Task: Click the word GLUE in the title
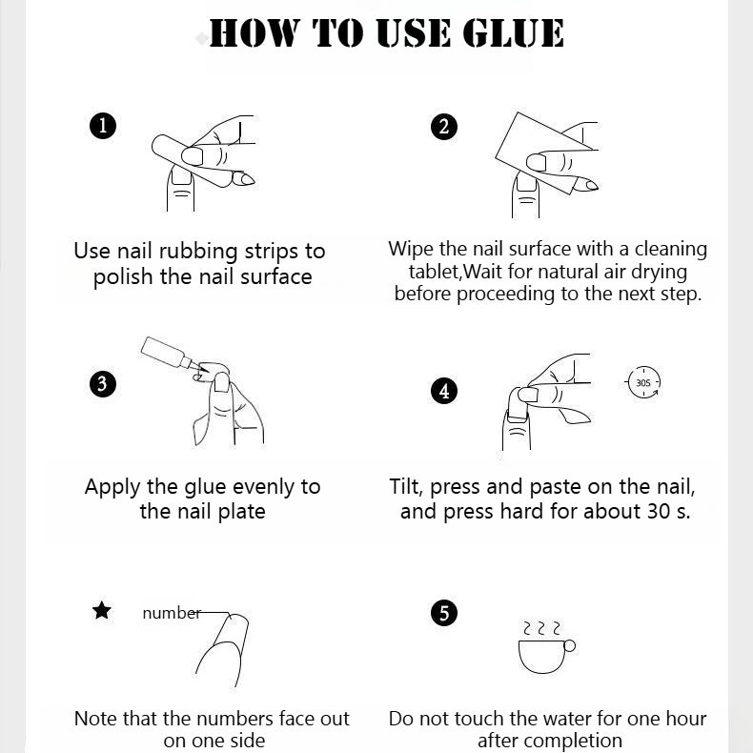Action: [x=513, y=32]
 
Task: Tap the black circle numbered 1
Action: [x=103, y=127]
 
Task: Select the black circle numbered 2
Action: [x=444, y=127]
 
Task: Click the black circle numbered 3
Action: [x=103, y=384]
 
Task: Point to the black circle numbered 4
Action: [x=444, y=391]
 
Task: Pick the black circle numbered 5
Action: [x=444, y=613]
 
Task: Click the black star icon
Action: [x=102, y=610]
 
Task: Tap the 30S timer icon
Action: [x=643, y=382]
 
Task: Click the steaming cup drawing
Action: [x=546, y=647]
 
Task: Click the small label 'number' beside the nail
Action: [x=172, y=613]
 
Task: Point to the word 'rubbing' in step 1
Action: [x=198, y=252]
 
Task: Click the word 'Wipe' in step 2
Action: [x=411, y=250]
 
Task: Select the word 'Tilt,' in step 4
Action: [x=406, y=487]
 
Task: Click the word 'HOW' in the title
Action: [x=254, y=32]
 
